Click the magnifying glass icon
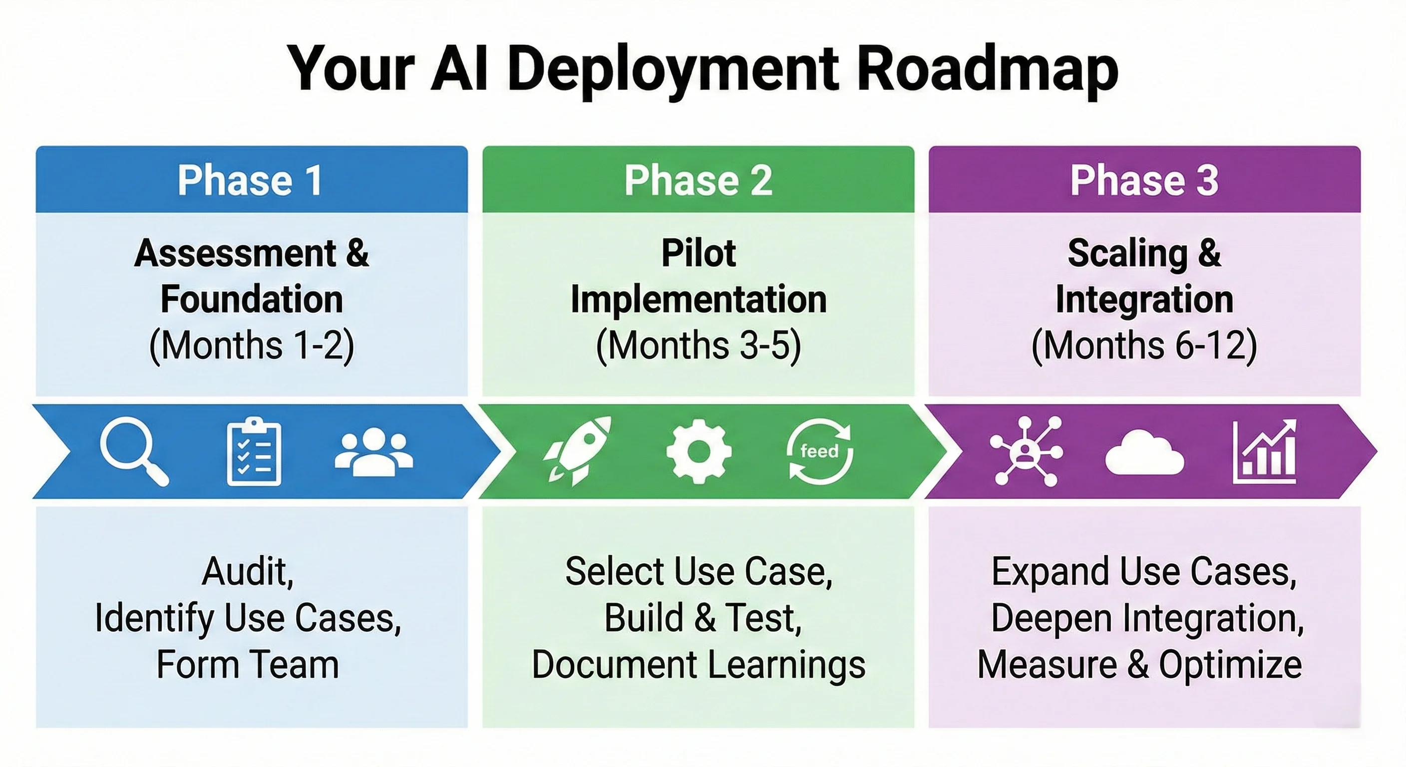(x=134, y=450)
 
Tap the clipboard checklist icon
(x=254, y=451)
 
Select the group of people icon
(x=374, y=451)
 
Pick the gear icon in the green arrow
(x=699, y=451)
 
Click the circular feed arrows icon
(x=819, y=451)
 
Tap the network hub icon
(x=1026, y=451)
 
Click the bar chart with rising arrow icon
(x=1265, y=451)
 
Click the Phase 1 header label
(x=250, y=180)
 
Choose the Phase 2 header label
(x=698, y=180)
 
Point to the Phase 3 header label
(x=1144, y=180)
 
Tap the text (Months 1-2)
(x=252, y=346)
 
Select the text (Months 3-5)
(x=698, y=346)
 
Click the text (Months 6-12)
(x=1144, y=346)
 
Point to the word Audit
(x=248, y=572)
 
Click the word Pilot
(x=698, y=253)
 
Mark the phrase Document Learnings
(x=698, y=665)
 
